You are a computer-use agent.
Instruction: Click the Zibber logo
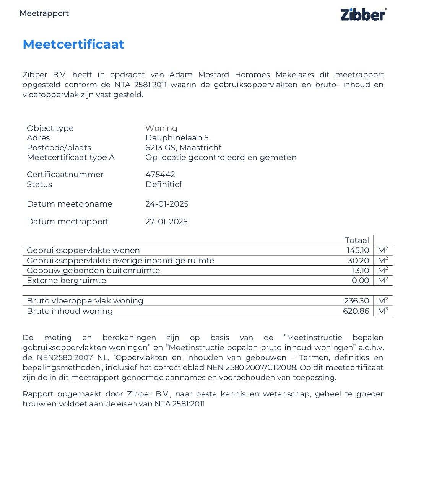363,15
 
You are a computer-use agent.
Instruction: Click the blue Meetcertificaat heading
73,44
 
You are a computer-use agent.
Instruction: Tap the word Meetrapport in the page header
44,13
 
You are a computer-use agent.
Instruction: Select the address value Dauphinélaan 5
177,138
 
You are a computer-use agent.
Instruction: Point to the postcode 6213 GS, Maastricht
183,148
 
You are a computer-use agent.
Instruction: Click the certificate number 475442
160,175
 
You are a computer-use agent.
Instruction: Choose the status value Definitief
163,184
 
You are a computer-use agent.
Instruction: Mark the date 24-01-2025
167,204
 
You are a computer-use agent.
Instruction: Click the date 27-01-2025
166,222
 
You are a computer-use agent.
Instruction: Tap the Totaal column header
357,240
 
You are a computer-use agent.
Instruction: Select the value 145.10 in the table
358,250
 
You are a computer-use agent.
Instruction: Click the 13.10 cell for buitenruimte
360,271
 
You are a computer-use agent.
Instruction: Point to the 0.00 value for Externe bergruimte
360,281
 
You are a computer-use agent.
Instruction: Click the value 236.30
356,301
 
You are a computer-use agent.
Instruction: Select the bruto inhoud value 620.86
356,311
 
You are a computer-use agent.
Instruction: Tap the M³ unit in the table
383,311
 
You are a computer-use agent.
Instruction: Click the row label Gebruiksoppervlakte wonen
83,250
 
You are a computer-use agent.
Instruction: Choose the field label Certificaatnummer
65,175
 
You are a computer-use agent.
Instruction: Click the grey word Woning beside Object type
161,128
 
